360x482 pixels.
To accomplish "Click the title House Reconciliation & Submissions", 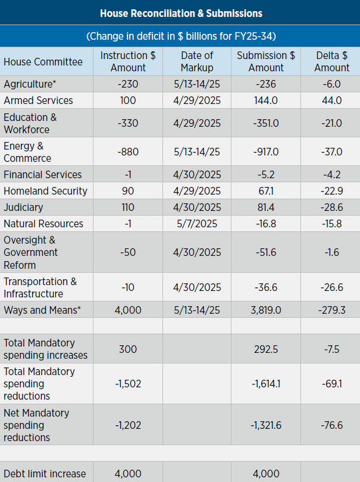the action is click(x=181, y=13).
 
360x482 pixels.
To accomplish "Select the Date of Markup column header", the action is click(x=197, y=61).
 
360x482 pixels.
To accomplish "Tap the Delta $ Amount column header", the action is click(x=332, y=61).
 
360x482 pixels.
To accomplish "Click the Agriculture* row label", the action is click(x=30, y=84).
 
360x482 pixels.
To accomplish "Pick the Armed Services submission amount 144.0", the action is click(x=266, y=100).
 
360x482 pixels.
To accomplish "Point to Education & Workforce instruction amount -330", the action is click(x=128, y=123).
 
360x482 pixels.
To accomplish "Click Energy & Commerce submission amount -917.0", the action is click(x=266, y=152).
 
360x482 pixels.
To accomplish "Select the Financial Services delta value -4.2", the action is click(x=332, y=175).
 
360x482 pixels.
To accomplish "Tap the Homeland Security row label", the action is click(x=46, y=191).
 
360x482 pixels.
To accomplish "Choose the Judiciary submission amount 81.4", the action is click(x=266, y=207).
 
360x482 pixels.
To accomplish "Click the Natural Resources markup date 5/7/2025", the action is click(x=197, y=224).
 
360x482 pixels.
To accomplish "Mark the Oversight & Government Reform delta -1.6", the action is click(x=332, y=252).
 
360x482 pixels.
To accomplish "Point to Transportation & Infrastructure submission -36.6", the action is click(x=266, y=287).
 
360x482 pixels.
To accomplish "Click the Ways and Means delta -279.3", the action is click(x=332, y=310).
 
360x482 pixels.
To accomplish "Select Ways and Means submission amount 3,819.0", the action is click(x=266, y=310).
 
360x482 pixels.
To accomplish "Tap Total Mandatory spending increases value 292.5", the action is click(x=266, y=349).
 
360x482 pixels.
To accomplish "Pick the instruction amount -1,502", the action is click(x=128, y=384).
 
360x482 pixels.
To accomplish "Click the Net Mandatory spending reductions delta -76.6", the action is click(x=332, y=425).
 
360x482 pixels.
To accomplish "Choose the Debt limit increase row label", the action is click(x=44, y=474).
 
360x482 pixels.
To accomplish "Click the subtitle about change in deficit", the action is click(x=181, y=36).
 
